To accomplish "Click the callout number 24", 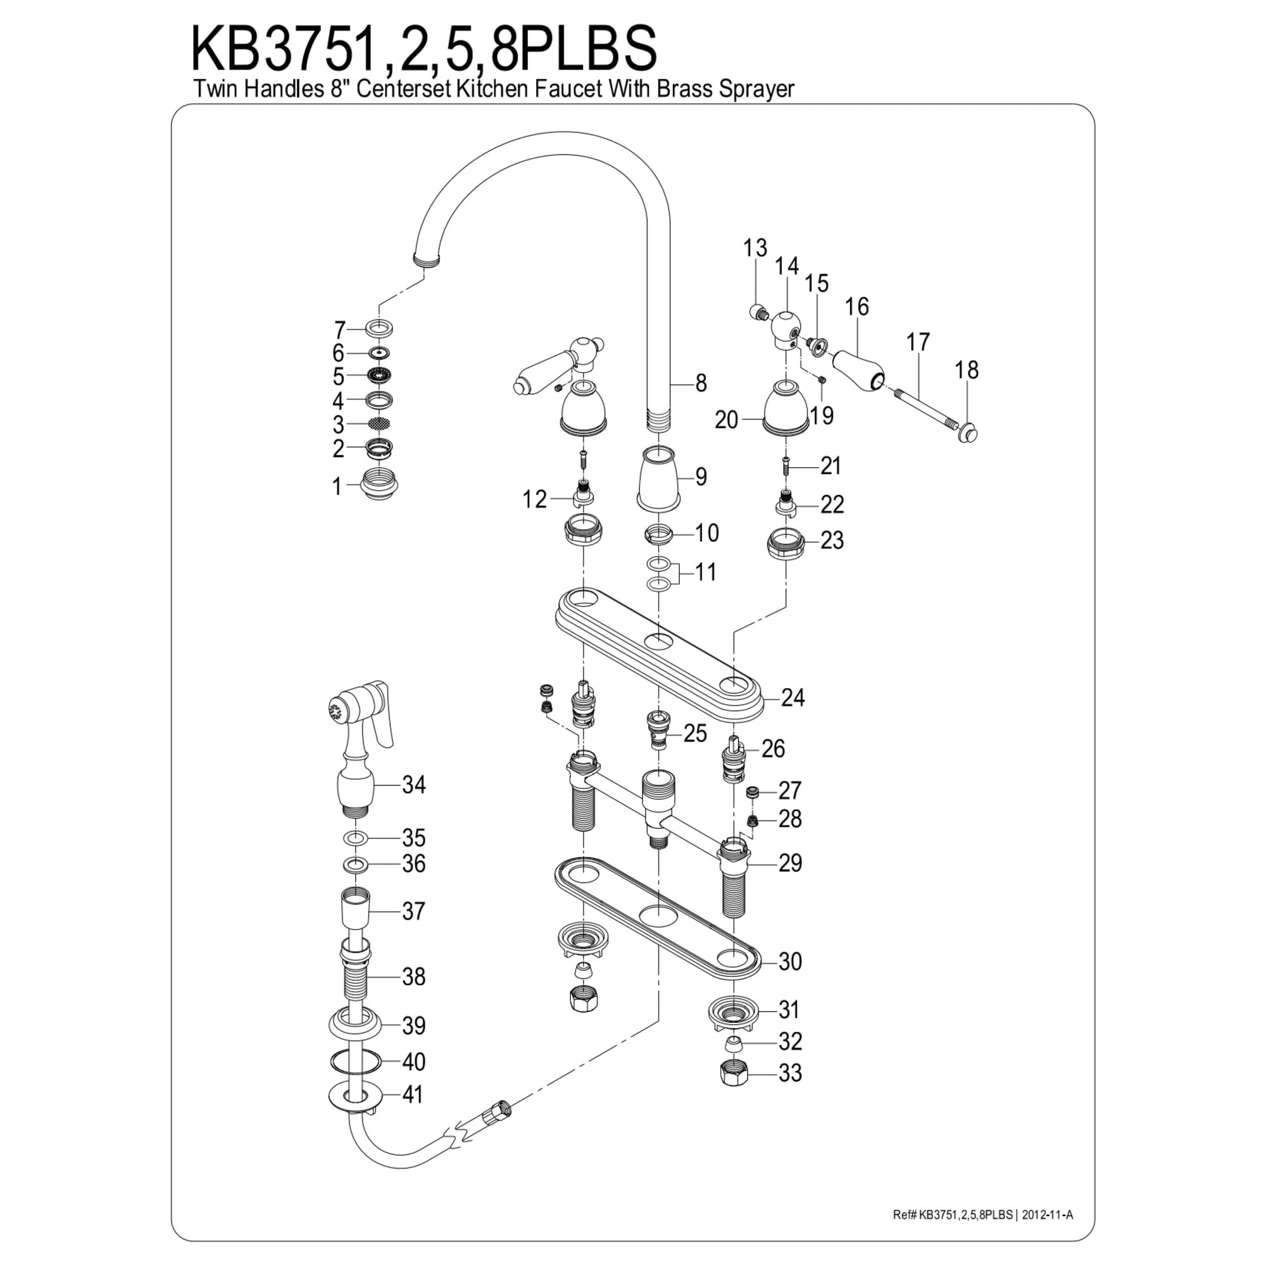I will coord(793,699).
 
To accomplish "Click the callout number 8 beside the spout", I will coord(701,384).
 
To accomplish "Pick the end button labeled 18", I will coord(968,432).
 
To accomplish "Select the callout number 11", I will coord(705,572).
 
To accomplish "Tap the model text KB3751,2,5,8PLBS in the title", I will coord(423,49).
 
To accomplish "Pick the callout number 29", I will coord(789,863).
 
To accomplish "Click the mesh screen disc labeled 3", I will coord(379,423).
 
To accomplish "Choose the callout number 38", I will coord(413,976).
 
